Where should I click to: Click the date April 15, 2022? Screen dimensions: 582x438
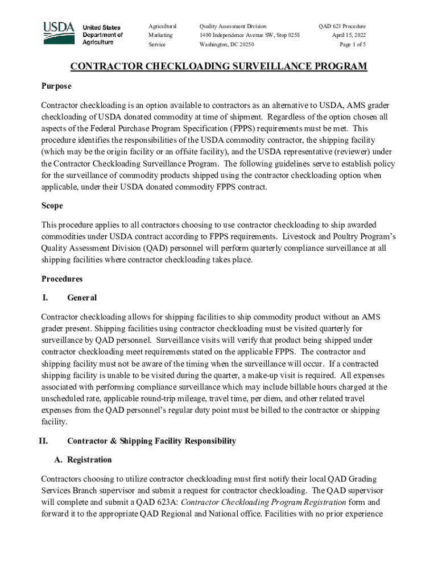349,35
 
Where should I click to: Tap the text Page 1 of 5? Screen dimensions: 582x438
352,44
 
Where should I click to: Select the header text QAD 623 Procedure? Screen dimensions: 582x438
342,26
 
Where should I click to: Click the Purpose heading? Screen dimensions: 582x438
56,86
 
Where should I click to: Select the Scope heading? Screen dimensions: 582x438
52,206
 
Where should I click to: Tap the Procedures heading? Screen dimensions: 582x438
62,279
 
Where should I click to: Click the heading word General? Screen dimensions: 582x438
82,298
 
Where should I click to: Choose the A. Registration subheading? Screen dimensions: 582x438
83,460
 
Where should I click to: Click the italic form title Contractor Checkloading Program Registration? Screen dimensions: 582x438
263,502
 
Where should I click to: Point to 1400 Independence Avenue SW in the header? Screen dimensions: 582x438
242,35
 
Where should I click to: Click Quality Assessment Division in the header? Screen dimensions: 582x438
233,26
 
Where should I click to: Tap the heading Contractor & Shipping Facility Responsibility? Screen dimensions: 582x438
151,441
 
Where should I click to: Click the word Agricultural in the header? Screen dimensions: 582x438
163,26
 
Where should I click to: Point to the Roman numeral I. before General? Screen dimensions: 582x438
44,298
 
